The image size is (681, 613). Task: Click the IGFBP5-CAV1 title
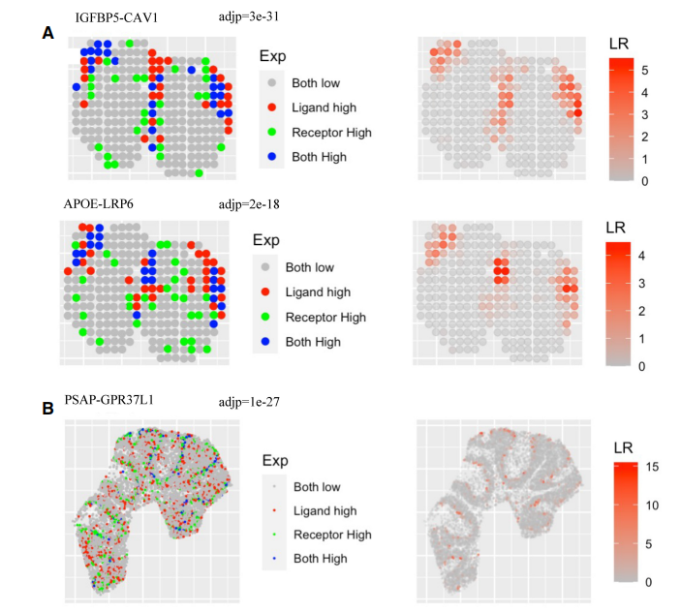116,17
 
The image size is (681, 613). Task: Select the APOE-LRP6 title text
99,204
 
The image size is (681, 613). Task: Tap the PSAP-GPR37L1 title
109,400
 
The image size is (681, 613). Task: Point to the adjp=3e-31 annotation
249,16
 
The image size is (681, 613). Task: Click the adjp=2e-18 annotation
249,204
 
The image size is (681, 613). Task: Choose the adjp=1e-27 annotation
249,402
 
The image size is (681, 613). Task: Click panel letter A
47,33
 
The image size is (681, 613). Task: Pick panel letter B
47,409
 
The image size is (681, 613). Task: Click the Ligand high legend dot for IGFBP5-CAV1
272,107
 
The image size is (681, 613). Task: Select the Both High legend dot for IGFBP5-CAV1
272,157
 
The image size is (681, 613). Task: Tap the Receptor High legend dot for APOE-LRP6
265,317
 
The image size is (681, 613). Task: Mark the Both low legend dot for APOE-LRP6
265,267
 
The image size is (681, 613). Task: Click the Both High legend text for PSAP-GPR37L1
321,559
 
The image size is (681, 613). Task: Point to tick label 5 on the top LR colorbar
645,71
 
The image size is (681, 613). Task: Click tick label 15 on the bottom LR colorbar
652,467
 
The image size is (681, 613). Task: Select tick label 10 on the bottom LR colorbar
652,506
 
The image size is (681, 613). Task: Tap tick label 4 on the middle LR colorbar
641,256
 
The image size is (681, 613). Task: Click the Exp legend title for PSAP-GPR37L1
275,461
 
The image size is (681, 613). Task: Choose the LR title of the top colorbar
619,44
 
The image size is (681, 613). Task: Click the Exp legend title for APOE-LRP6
266,240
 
